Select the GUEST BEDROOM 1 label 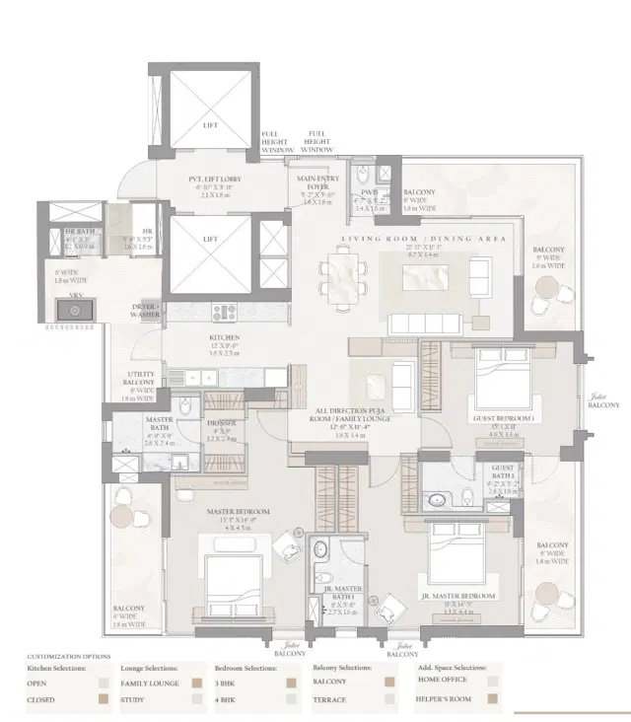505,418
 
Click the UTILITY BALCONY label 140,380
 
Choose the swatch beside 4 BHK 291,699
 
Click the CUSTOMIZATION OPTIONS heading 69,656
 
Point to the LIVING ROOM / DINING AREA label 424,240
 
